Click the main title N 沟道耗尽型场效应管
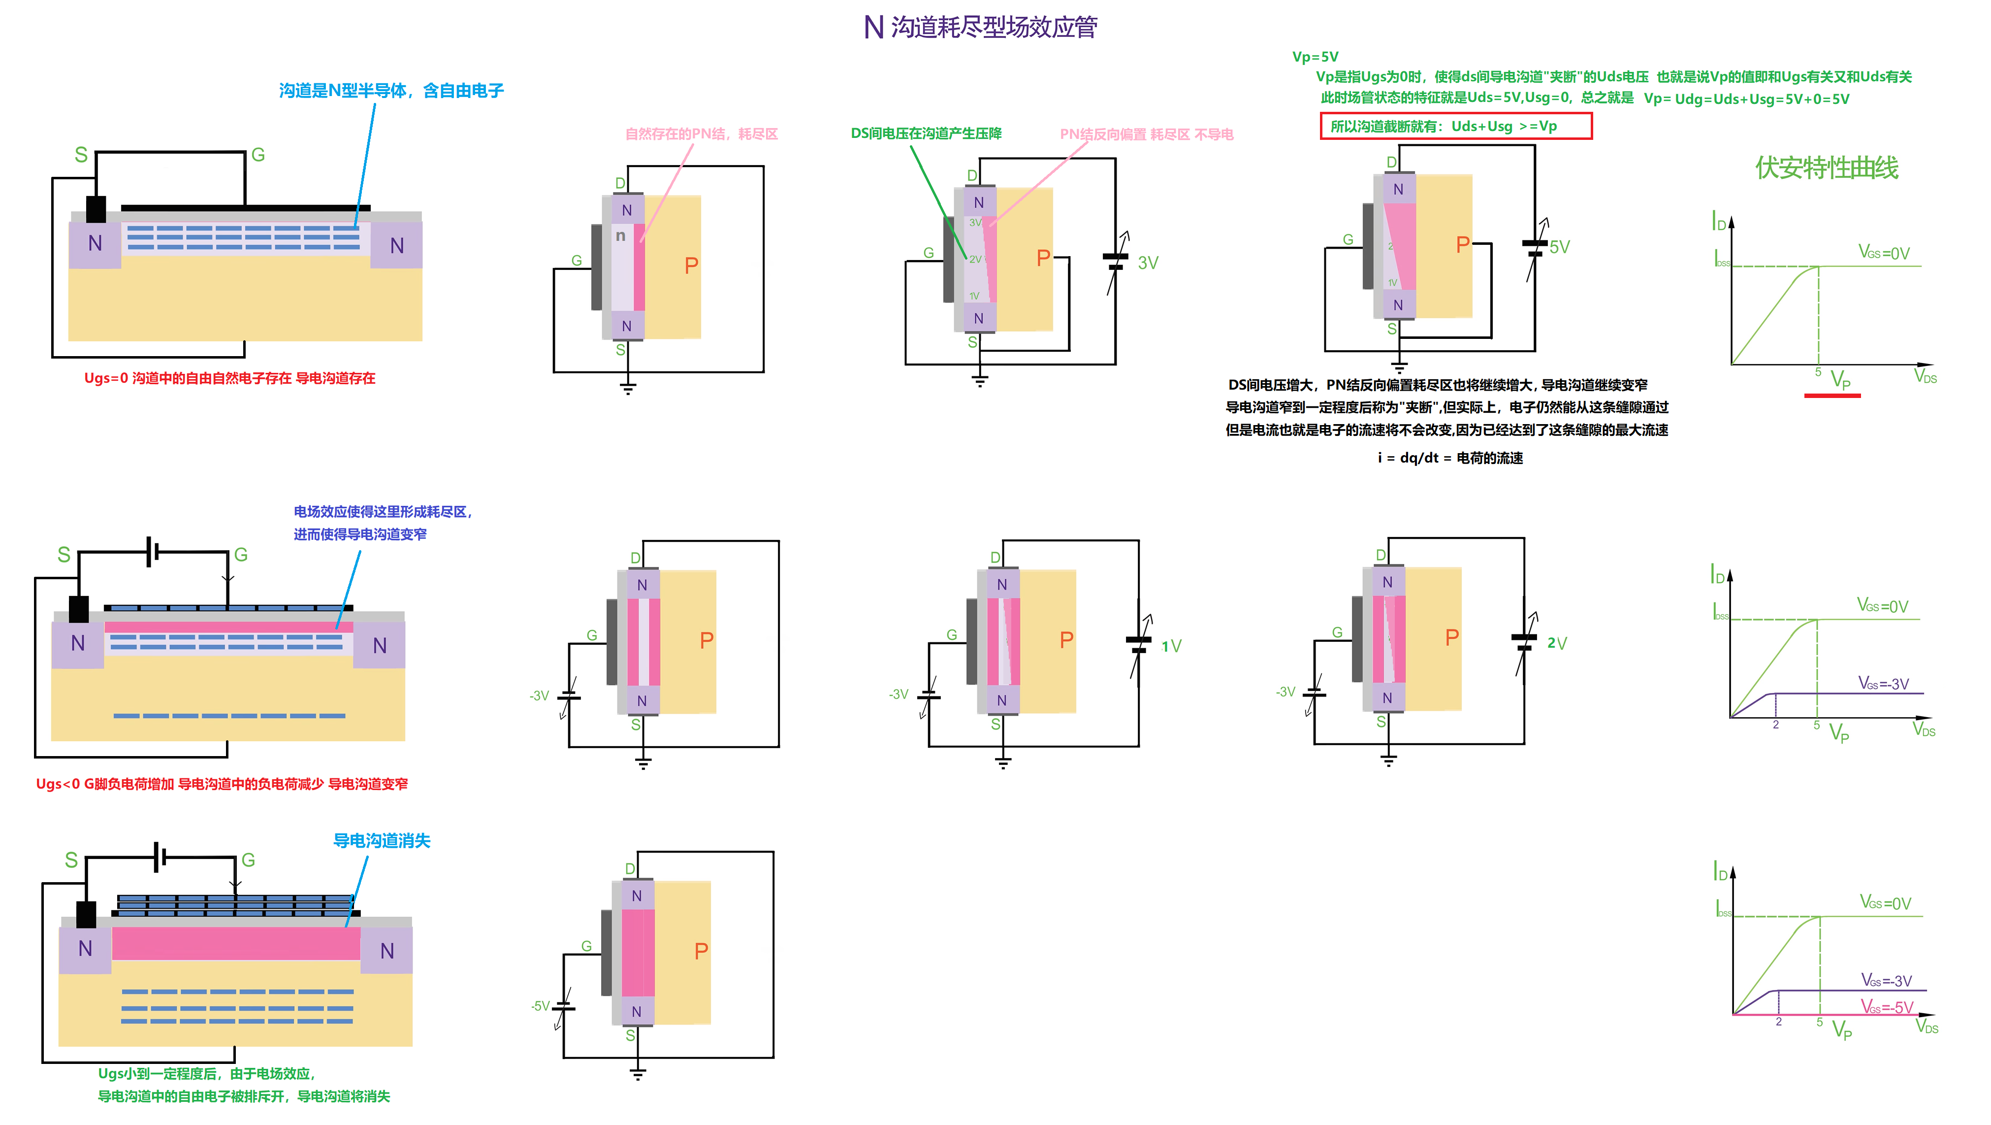point(980,27)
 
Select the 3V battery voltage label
point(1148,263)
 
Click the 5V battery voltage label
point(1559,247)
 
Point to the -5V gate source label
point(540,1006)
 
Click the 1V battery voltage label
point(1171,646)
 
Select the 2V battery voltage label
point(1557,643)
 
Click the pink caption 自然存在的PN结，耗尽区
point(701,134)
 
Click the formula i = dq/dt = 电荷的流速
point(1450,458)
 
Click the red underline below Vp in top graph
point(1832,396)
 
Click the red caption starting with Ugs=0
point(229,378)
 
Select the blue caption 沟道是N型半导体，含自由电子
point(391,91)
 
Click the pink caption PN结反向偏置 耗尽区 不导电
point(1146,134)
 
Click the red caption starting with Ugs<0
point(222,784)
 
